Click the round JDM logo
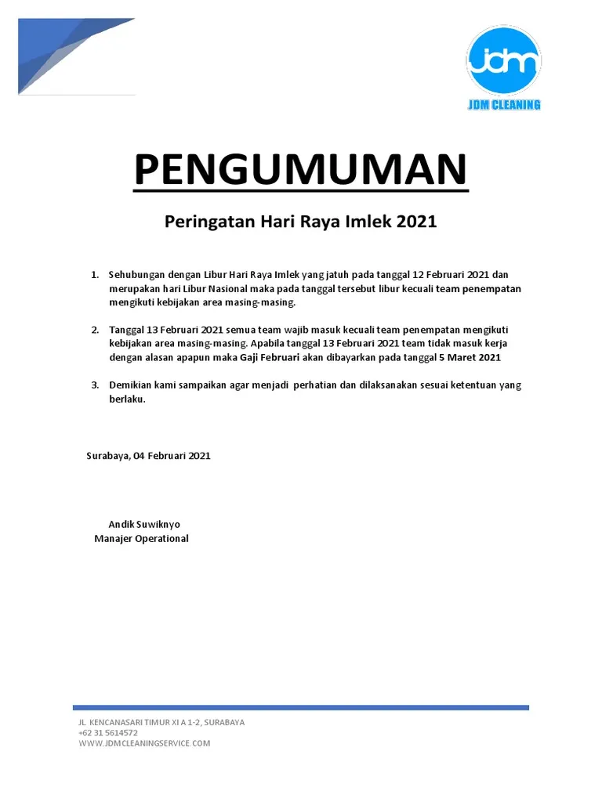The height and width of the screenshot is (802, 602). click(x=503, y=61)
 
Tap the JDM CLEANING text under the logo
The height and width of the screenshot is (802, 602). click(x=503, y=104)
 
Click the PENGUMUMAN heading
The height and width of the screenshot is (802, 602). click(x=300, y=170)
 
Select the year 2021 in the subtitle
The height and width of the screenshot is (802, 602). click(x=416, y=222)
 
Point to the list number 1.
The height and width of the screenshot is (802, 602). click(x=94, y=275)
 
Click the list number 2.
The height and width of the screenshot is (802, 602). click(x=94, y=330)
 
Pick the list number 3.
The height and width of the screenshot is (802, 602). click(x=94, y=385)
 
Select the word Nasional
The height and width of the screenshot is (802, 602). click(x=227, y=289)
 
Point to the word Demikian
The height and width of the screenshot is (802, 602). click(x=130, y=385)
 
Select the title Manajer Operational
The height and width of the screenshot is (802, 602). click(x=141, y=539)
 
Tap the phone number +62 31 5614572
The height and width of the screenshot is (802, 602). click(x=108, y=733)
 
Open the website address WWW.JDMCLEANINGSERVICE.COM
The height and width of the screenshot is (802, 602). click(x=144, y=743)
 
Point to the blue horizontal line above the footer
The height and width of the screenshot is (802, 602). click(x=301, y=707)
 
